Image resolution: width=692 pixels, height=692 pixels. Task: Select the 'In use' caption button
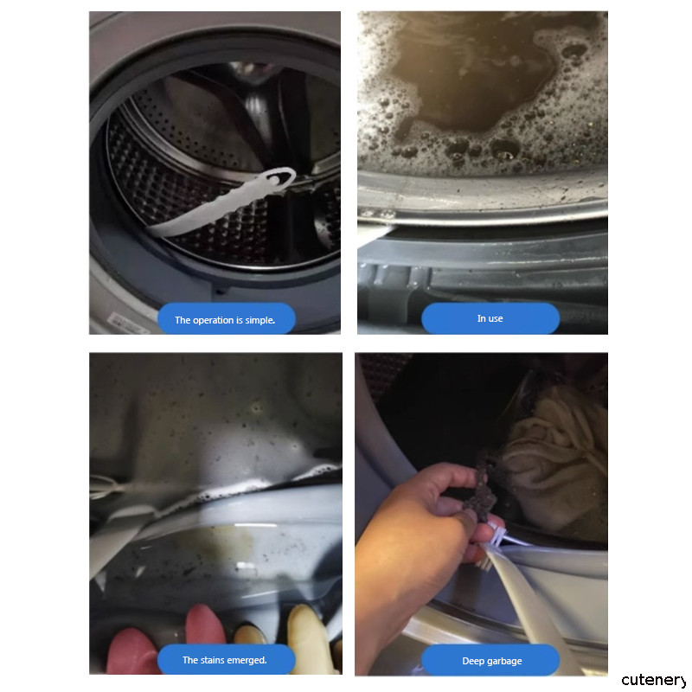pyautogui.click(x=490, y=318)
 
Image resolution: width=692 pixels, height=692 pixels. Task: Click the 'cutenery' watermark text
pyautogui.click(x=654, y=680)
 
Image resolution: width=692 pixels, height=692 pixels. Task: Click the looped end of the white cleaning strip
pyautogui.click(x=279, y=179)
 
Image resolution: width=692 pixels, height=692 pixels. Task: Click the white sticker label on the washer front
pyautogui.click(x=129, y=323)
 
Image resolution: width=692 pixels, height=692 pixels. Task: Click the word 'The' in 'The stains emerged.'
pyautogui.click(x=190, y=660)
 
